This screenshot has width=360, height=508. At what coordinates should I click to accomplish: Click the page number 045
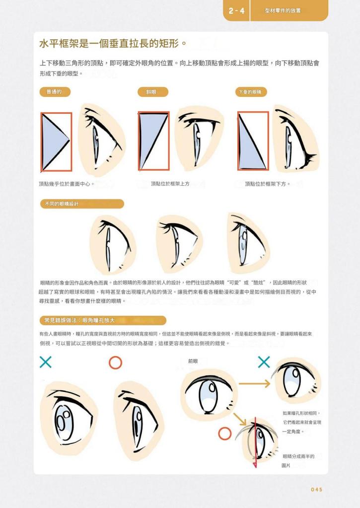(x=316, y=489)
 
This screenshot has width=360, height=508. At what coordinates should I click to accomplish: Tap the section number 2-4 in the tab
(x=236, y=11)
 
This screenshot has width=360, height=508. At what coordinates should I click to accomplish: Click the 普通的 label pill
(x=55, y=92)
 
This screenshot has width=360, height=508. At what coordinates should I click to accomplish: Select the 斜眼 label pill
(x=152, y=92)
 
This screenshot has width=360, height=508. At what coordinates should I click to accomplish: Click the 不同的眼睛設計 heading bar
(x=82, y=204)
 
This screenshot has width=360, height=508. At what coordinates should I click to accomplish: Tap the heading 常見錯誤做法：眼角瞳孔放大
(x=103, y=320)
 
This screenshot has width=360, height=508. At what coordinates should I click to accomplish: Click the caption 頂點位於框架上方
(x=170, y=184)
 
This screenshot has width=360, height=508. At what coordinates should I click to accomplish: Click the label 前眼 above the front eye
(x=193, y=361)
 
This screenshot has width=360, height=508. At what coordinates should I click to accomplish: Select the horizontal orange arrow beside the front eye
(x=254, y=384)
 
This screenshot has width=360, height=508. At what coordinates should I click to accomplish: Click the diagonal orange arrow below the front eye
(x=239, y=419)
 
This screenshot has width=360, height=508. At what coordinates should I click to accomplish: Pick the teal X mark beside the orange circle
(x=46, y=362)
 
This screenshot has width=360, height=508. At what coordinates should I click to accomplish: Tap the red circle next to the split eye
(x=224, y=434)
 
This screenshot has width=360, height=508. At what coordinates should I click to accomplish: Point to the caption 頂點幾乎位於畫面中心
(x=67, y=184)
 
